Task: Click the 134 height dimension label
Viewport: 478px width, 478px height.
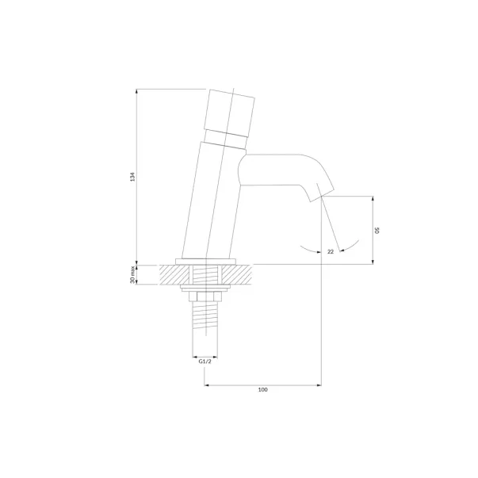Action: pos(132,177)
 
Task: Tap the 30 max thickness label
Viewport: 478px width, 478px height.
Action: pos(132,274)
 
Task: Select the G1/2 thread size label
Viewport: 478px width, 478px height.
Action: pos(205,361)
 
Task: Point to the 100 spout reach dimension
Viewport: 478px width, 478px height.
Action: pos(262,389)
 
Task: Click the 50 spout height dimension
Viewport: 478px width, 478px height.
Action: pos(377,231)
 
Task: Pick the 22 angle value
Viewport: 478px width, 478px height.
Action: pos(331,251)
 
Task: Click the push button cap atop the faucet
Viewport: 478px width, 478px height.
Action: pos(229,113)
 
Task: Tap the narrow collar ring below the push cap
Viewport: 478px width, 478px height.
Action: pos(225,139)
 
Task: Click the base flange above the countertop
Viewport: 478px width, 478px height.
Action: pos(206,262)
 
